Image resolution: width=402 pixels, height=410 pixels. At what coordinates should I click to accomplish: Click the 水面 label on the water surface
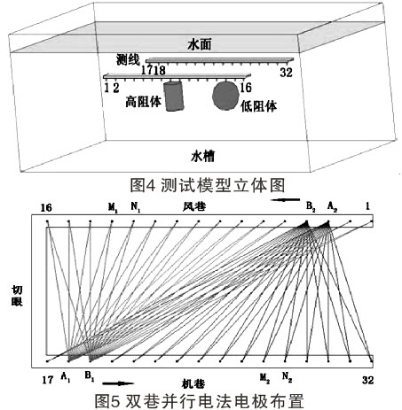[200, 45]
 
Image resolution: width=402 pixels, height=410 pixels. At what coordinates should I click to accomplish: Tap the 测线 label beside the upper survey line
[128, 60]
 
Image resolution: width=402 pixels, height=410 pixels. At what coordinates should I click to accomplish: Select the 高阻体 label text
[144, 102]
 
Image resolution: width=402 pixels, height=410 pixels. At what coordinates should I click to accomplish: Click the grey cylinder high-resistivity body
[174, 96]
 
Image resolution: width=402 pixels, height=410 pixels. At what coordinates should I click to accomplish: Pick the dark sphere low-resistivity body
[225, 96]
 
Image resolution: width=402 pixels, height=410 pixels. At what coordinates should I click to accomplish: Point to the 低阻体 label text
[259, 106]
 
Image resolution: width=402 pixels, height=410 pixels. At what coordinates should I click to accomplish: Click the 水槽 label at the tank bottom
[203, 156]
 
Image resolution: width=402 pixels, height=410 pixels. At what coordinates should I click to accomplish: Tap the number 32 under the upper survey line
[286, 73]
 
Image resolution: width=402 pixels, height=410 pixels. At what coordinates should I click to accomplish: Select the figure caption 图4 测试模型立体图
[208, 185]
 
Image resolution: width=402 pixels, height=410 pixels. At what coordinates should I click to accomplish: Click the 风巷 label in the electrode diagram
[194, 206]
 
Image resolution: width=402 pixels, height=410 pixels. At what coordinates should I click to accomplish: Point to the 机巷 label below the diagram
[193, 383]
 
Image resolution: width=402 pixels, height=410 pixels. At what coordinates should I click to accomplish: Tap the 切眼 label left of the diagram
[17, 296]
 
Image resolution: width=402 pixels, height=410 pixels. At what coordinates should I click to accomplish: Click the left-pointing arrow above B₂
[285, 200]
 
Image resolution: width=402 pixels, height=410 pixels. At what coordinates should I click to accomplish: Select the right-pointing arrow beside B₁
[118, 383]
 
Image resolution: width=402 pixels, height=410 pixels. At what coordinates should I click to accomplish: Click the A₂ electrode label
[332, 207]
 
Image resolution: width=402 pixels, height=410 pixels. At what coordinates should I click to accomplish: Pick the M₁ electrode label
[113, 207]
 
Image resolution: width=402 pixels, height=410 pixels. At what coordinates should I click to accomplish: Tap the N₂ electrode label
[287, 376]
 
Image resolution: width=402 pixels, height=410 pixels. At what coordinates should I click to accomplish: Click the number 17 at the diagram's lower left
[48, 380]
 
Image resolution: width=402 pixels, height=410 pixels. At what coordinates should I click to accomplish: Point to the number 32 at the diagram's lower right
[367, 380]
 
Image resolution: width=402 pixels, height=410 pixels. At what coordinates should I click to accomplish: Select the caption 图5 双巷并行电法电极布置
[200, 401]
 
